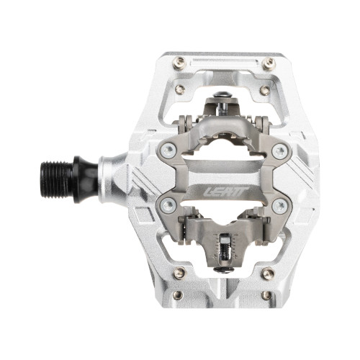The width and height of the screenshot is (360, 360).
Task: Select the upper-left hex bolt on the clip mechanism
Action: click(x=168, y=150)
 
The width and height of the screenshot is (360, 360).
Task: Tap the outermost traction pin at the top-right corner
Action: click(x=269, y=63)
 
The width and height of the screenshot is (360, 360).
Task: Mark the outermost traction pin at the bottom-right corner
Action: click(x=269, y=294)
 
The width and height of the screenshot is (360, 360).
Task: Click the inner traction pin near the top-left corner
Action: click(x=180, y=89)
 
